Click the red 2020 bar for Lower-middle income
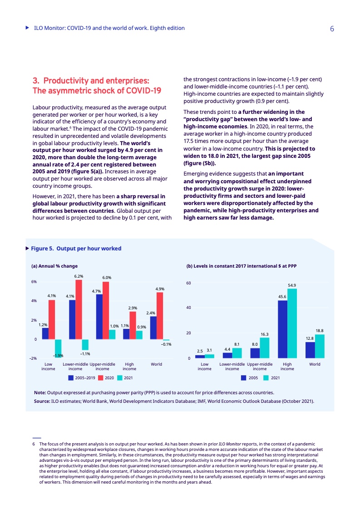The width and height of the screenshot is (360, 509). (79, 309)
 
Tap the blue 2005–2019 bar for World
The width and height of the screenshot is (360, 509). (153, 328)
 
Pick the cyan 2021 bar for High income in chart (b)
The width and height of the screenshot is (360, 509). (292, 323)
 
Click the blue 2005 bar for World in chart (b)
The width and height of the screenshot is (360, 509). (310, 350)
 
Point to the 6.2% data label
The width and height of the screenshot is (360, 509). (79, 276)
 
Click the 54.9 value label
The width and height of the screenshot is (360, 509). (292, 285)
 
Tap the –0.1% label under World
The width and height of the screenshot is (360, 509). (166, 345)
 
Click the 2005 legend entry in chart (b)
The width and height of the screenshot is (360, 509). (250, 377)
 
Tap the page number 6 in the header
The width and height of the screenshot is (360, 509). (332, 29)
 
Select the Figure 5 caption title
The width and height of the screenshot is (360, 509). (76, 249)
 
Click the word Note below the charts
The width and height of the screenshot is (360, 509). (40, 392)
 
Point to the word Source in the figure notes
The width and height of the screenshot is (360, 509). (43, 401)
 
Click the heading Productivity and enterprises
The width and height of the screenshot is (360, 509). (96, 81)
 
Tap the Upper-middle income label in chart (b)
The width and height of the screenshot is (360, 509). (260, 366)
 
